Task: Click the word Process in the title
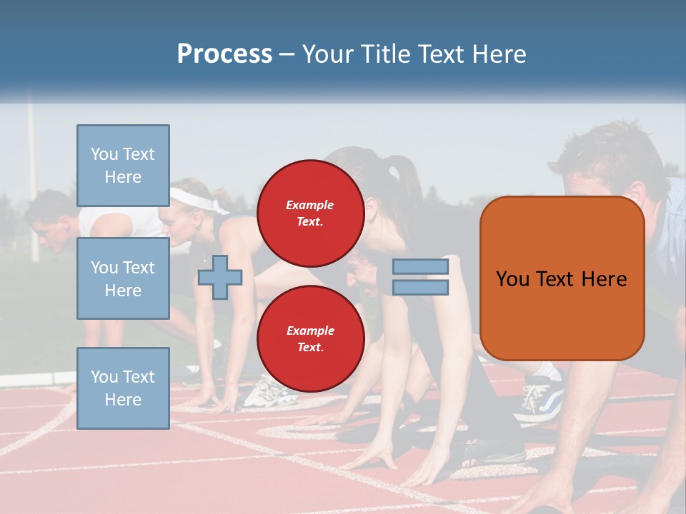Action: pyautogui.click(x=224, y=54)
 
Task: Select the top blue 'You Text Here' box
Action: pyautogui.click(x=123, y=166)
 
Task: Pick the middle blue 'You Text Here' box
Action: pyautogui.click(x=123, y=278)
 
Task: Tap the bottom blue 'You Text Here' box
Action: pyautogui.click(x=123, y=388)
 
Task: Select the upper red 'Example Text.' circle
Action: pyautogui.click(x=310, y=213)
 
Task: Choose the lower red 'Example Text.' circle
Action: pyautogui.click(x=310, y=339)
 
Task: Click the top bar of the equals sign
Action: pyautogui.click(x=420, y=267)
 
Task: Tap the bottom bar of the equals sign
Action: pyautogui.click(x=420, y=288)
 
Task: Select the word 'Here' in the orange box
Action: pyautogui.click(x=604, y=279)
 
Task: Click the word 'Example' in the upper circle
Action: pyautogui.click(x=310, y=205)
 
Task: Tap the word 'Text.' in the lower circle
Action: pyautogui.click(x=310, y=348)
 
